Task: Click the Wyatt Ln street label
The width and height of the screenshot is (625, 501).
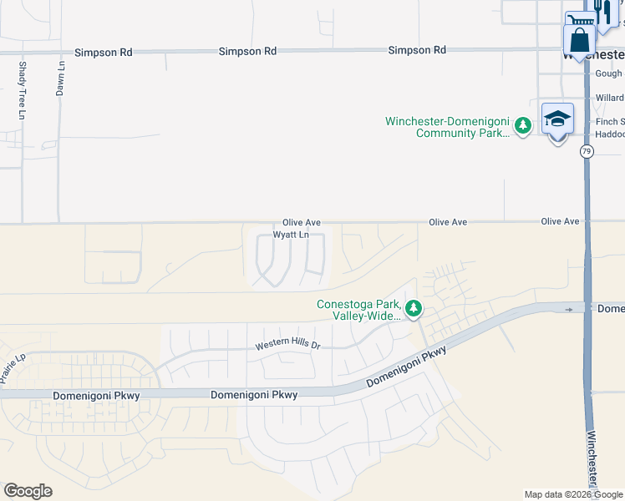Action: tap(292, 235)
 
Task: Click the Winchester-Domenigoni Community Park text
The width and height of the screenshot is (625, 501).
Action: tap(448, 127)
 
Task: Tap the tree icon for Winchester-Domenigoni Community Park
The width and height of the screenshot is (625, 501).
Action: tap(523, 126)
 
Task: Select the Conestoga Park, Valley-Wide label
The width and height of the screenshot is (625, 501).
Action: tap(359, 310)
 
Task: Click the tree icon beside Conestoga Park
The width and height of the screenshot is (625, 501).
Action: tap(414, 309)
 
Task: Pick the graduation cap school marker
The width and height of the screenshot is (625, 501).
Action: tap(557, 119)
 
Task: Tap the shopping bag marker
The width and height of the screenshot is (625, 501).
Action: tap(579, 39)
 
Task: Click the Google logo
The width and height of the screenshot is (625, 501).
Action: tap(28, 491)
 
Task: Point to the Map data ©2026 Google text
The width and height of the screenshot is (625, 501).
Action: tap(572, 494)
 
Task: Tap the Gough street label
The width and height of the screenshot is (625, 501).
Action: tap(608, 73)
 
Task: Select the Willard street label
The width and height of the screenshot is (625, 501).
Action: tap(609, 98)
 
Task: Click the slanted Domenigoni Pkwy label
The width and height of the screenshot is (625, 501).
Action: tap(407, 367)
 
